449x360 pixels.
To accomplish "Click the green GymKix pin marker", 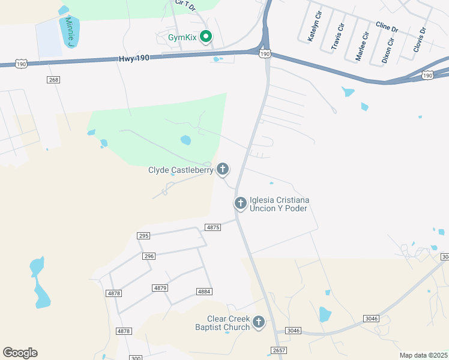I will pos(206,38).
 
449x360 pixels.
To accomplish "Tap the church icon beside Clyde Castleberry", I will pos(223,170).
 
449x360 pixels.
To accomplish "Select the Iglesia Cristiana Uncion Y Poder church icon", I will pos(240,204).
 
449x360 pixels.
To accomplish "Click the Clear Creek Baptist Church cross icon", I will pos(259,323).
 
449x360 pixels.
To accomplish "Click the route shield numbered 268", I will pos(53,80).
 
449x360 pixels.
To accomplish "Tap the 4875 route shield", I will pos(212,227).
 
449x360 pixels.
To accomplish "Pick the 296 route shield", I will pos(149,256).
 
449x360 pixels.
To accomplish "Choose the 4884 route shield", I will pos(203,292).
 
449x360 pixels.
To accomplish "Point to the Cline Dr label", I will pos(387,27).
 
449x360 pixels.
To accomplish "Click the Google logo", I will pos(20,353).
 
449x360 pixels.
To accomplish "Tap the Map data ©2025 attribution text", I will pos(423,355).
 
